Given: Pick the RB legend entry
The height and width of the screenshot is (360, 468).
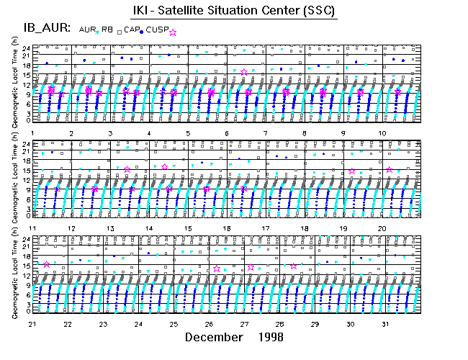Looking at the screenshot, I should (107, 30).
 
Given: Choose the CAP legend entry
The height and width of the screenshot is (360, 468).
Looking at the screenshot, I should (130, 30).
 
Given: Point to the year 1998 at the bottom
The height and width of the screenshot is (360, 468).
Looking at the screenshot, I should (271, 337).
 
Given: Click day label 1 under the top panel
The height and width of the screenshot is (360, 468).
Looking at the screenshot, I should (33, 133).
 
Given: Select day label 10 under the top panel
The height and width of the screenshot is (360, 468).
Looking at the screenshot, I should (382, 133).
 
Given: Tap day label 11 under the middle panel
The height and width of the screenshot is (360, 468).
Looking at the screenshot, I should (32, 228).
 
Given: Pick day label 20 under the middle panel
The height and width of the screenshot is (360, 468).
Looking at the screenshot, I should (382, 228).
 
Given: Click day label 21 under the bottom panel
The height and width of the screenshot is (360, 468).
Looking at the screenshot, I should (32, 324).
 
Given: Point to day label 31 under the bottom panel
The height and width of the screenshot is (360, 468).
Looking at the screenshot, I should (386, 324).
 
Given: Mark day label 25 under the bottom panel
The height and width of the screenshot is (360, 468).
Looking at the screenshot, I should (174, 324).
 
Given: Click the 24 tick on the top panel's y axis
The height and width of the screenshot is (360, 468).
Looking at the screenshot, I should (25, 48).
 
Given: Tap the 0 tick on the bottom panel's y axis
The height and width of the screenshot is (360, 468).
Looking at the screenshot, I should (27, 312).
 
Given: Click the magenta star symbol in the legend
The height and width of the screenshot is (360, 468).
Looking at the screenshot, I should (172, 32).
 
